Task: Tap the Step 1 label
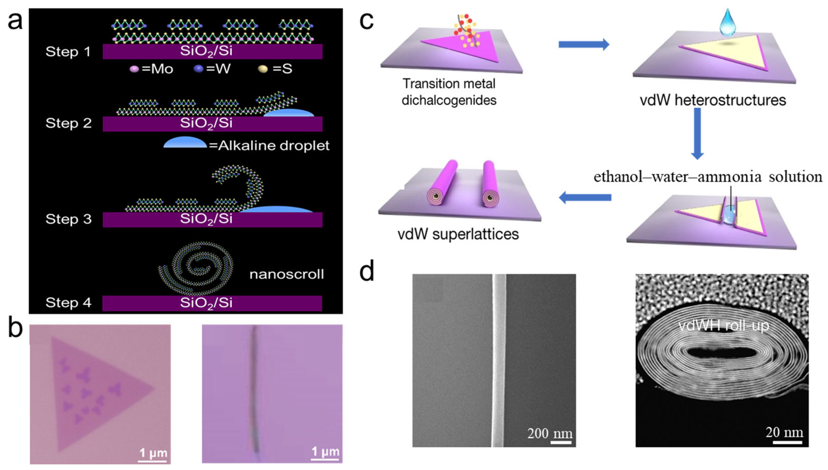(68, 52)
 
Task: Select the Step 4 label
(68, 302)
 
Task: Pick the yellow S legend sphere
(263, 69)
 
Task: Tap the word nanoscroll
(286, 274)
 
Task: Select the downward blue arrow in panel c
(697, 134)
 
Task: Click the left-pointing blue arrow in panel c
(585, 197)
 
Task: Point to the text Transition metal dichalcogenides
(449, 92)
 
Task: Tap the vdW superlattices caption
(458, 234)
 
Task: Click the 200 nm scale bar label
(550, 433)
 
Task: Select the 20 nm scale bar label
(784, 432)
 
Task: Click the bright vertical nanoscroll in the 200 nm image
(499, 360)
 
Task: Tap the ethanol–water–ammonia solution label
(708, 177)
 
